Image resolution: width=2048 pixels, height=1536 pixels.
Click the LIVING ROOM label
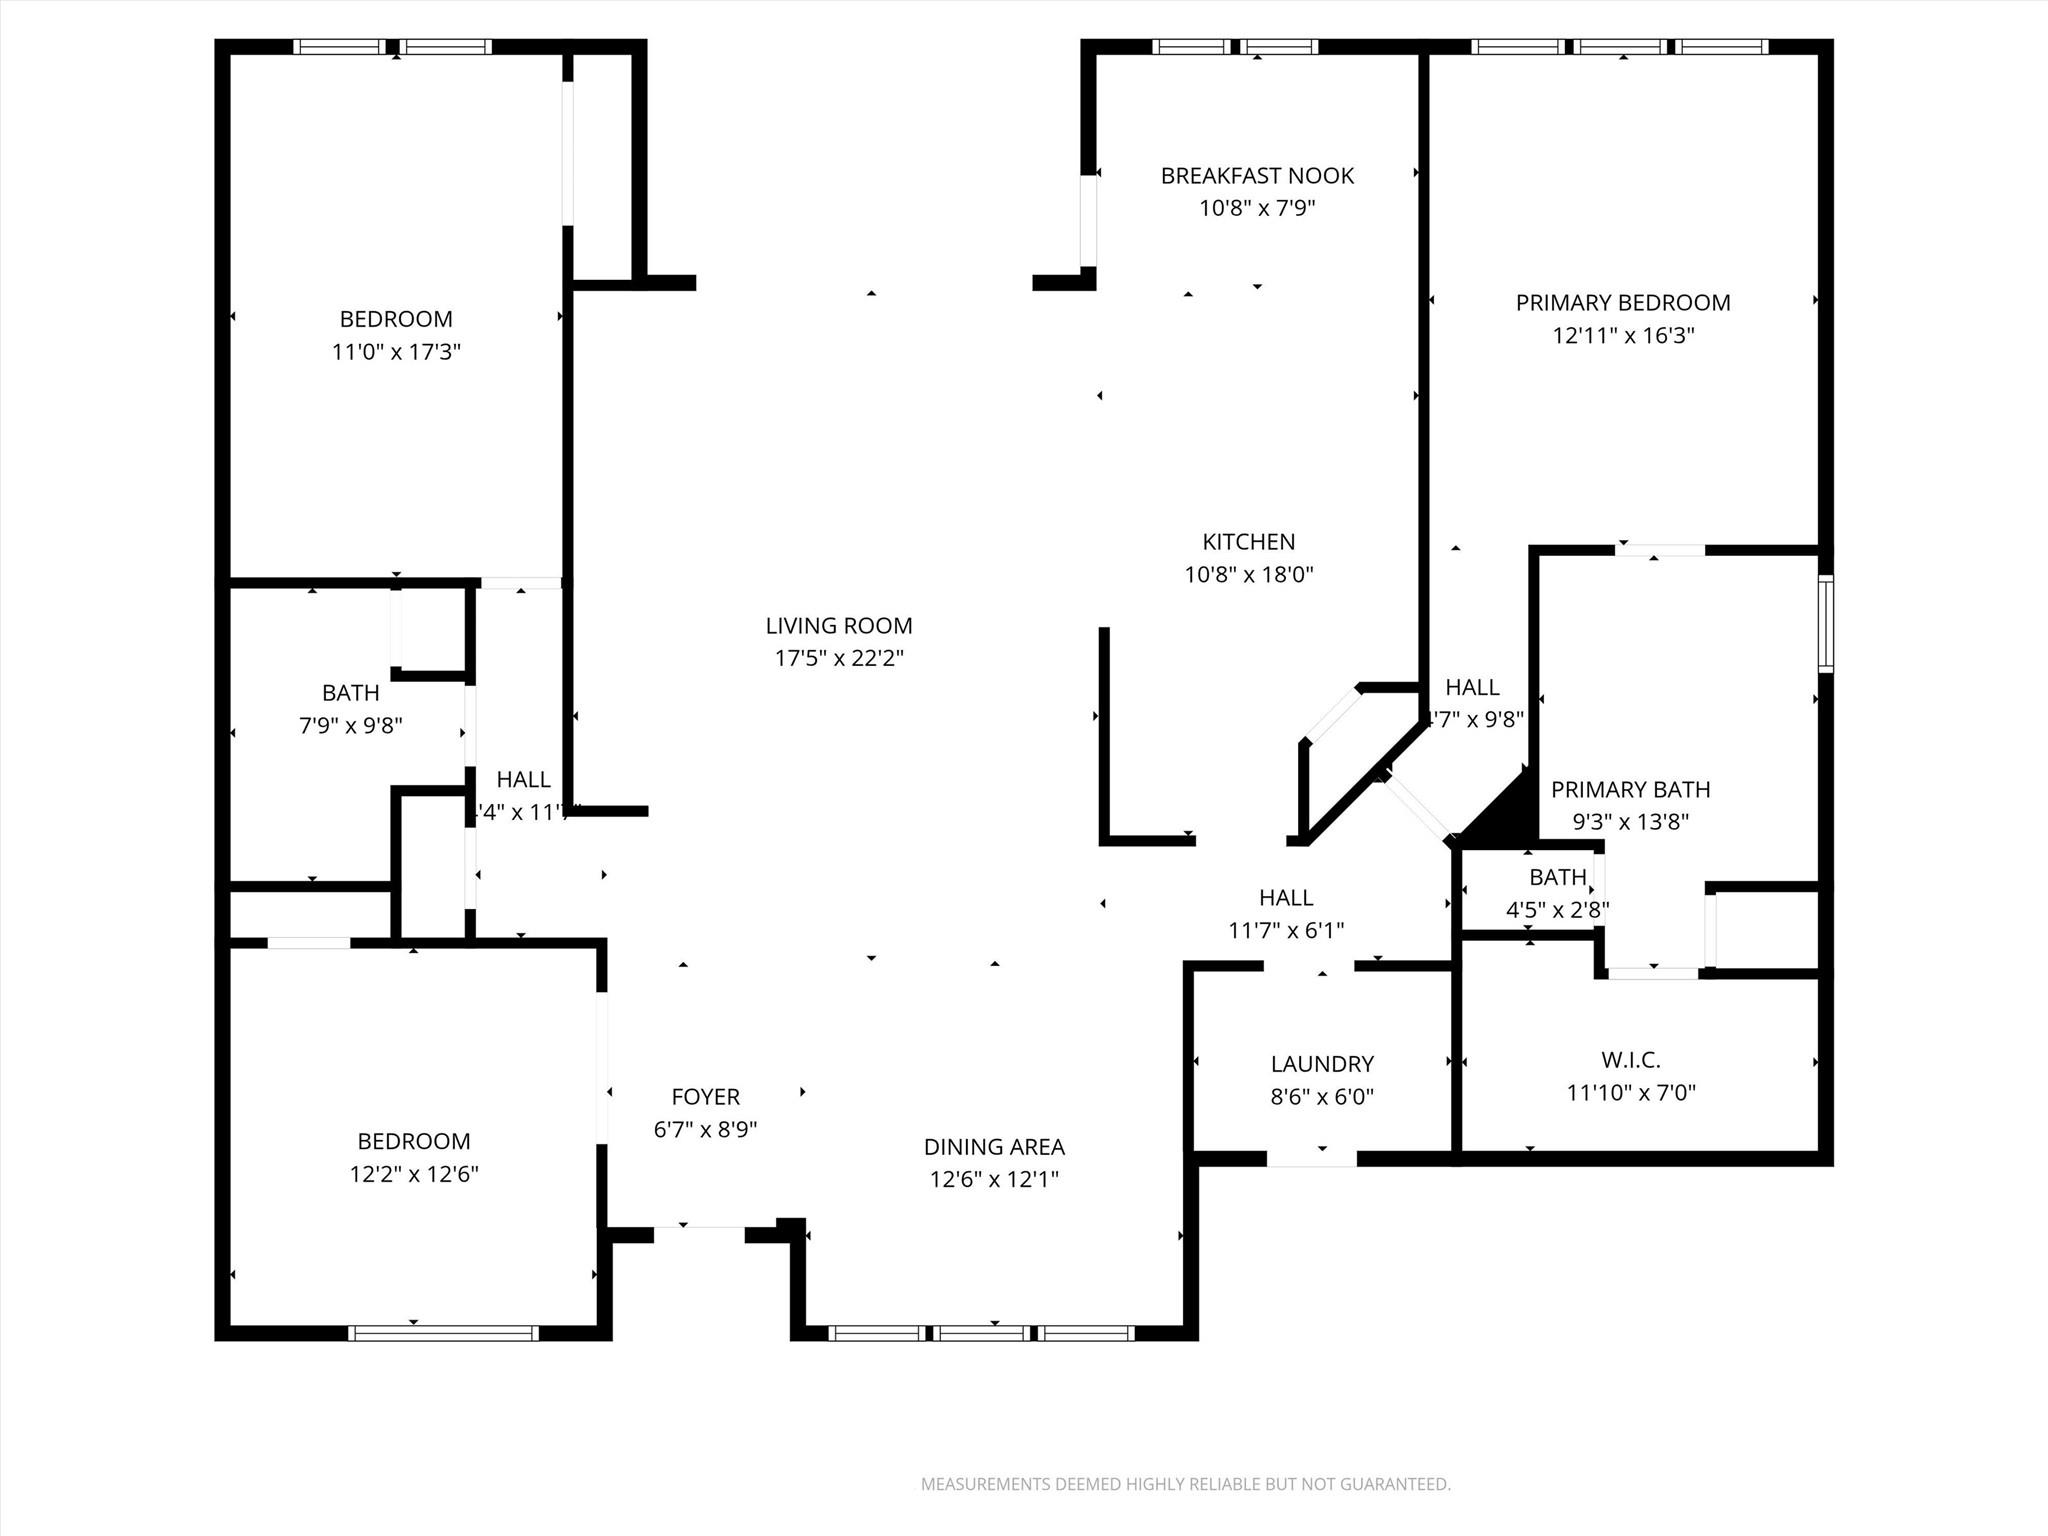pos(838,626)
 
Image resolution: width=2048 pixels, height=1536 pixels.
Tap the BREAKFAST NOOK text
pos(1257,176)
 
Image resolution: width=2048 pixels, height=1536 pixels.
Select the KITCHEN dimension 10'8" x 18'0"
pos(1248,575)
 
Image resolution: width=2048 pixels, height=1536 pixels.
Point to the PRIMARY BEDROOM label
pos(1622,303)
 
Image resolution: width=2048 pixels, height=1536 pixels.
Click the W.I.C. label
pos(1630,1060)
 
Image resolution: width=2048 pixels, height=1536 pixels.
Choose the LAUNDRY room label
pos(1322,1064)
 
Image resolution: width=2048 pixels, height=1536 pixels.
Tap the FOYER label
pos(705,1097)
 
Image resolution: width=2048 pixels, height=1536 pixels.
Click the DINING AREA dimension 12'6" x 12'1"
pos(993,1180)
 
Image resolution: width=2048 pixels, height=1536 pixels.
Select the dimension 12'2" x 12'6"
pos(414,1174)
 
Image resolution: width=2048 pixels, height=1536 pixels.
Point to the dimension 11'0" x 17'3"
pos(396,352)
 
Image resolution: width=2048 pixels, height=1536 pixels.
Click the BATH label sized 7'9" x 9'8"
pos(350,693)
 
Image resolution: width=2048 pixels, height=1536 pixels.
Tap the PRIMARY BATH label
pos(1630,790)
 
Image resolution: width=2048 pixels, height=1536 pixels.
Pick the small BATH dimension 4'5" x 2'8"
pos(1557,910)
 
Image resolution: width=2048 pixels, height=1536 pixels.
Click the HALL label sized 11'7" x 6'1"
pos(1286,898)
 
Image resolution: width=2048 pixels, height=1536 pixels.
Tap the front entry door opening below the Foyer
pos(699,1234)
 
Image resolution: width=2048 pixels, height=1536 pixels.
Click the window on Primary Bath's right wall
pos(1825,624)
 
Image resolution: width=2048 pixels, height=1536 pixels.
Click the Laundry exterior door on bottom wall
pos(1311,1159)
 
